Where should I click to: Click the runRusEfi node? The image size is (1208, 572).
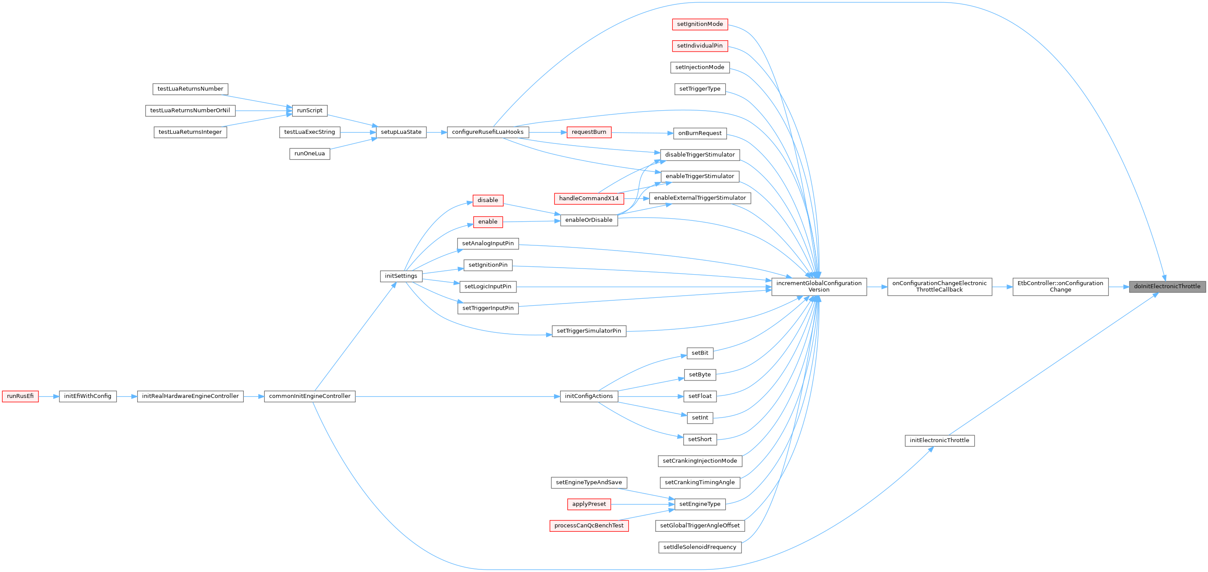click(20, 397)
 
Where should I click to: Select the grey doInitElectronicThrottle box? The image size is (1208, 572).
click(1167, 287)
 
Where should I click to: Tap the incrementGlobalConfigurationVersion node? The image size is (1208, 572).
click(819, 287)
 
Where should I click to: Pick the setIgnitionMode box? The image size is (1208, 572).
click(699, 24)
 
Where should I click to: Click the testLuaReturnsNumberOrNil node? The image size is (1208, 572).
click(190, 111)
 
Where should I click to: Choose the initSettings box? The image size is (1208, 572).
click(401, 276)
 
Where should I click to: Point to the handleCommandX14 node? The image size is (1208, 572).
click(588, 199)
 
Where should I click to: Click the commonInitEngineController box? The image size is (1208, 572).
click(309, 397)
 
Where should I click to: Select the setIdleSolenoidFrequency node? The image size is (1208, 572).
click(699, 547)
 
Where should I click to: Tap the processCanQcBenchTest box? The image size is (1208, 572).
click(588, 526)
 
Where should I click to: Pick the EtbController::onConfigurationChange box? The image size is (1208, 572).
click(1060, 287)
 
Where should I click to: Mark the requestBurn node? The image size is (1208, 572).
click(588, 133)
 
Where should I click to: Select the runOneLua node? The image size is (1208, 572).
click(309, 154)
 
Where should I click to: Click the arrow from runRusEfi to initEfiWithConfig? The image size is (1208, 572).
click(49, 397)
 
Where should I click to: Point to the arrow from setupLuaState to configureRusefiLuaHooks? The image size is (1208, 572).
click(436, 133)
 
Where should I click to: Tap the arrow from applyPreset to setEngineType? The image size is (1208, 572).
click(643, 504)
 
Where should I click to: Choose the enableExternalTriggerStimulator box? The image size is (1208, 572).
click(699, 198)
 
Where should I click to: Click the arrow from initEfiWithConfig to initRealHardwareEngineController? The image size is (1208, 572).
click(127, 397)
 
